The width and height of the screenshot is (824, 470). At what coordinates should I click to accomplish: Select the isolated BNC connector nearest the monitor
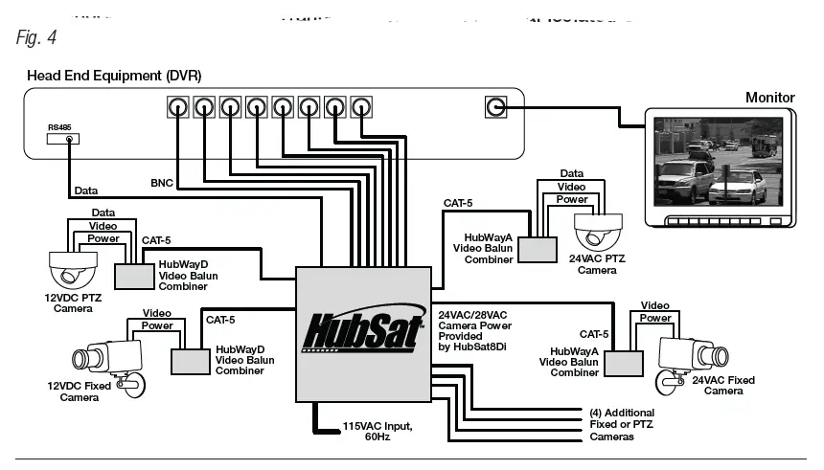495,106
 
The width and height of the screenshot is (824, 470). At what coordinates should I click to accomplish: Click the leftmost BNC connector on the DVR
177,106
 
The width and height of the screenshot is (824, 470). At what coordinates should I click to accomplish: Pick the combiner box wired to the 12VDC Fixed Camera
190,361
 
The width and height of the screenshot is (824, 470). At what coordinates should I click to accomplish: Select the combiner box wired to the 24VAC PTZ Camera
538,249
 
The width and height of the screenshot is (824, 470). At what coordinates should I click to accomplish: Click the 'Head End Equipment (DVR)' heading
114,75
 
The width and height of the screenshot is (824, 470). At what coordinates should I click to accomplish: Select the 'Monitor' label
769,98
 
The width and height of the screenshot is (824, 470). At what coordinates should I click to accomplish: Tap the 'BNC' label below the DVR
162,182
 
